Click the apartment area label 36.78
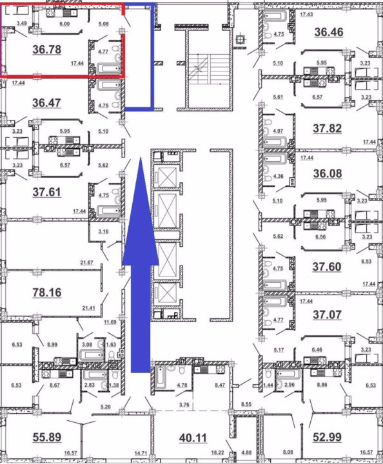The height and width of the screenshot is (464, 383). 47,50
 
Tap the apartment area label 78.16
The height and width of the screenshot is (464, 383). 47,293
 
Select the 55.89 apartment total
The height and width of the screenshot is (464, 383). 47,437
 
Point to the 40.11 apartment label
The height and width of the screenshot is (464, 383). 193,438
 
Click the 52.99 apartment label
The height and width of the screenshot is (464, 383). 327,437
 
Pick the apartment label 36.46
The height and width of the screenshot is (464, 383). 329,32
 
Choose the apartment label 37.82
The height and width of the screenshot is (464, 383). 328,128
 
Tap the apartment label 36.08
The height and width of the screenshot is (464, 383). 328,173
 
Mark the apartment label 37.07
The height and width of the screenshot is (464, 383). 327,314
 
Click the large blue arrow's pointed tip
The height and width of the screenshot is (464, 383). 141,158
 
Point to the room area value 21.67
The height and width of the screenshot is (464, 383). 86,262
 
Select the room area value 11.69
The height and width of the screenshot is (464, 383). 110,322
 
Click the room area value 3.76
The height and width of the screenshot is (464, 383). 184,405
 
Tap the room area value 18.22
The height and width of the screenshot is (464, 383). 217,452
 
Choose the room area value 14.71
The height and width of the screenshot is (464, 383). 141,452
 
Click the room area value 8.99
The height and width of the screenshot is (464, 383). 52,344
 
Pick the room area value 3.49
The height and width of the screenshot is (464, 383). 22,23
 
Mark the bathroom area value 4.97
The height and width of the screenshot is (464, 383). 278,131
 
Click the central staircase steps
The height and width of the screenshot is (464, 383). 210,69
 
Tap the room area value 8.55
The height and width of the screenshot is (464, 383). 246,404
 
